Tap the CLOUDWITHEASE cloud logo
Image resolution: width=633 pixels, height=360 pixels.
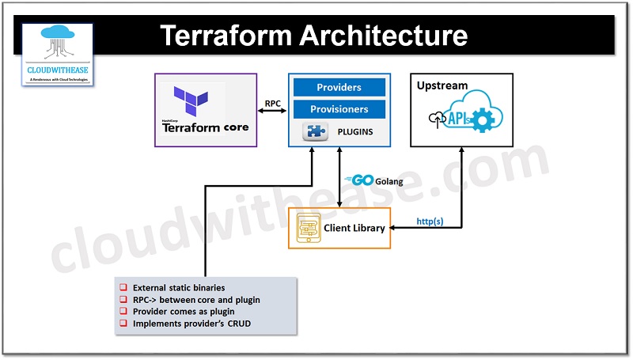pyautogui.click(x=58, y=47)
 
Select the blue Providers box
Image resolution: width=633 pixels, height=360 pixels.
pyautogui.click(x=339, y=87)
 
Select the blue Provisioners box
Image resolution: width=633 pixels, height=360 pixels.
pyautogui.click(x=339, y=108)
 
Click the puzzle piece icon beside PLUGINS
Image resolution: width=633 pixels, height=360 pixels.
pyautogui.click(x=316, y=131)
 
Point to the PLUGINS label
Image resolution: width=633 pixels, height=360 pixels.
pyautogui.click(x=355, y=131)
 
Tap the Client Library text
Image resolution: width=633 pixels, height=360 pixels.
pyautogui.click(x=354, y=228)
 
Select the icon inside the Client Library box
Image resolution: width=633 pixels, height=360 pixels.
pyautogui.click(x=308, y=228)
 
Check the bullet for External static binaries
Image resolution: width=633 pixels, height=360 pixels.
pyautogui.click(x=123, y=288)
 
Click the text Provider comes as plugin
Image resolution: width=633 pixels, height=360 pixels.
pyautogui.click(x=183, y=311)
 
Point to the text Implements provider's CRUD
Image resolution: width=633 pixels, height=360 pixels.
pyautogui.click(x=191, y=323)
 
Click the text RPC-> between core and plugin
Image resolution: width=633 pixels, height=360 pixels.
pyautogui.click(x=195, y=300)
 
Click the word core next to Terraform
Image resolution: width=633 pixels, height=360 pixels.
pyautogui.click(x=236, y=127)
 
